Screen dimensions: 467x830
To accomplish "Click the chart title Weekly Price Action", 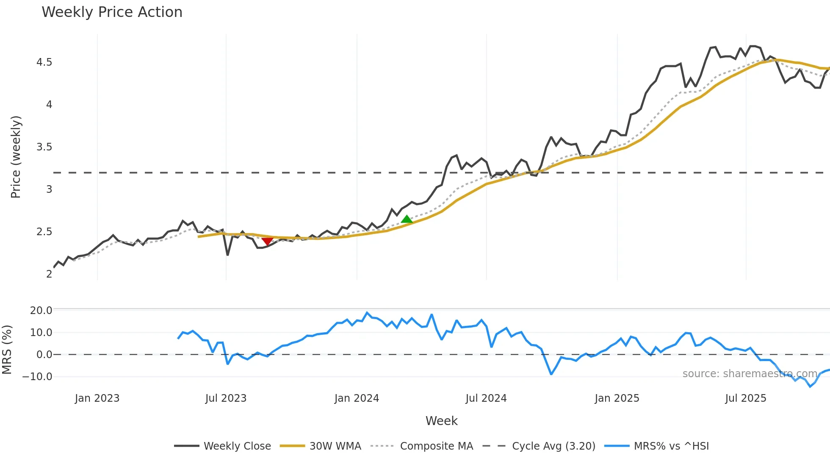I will (112, 12).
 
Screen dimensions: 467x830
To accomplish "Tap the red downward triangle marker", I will (267, 241).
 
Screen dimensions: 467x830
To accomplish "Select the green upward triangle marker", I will (407, 219).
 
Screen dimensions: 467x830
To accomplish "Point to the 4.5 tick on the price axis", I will (44, 62).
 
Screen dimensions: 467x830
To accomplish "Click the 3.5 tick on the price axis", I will (44, 147).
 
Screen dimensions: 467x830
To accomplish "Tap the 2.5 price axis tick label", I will (44, 232).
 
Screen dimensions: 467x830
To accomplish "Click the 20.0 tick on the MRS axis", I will (41, 310).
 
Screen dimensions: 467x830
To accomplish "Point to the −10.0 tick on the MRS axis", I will (37, 376).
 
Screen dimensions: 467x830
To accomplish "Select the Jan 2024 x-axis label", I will (357, 398).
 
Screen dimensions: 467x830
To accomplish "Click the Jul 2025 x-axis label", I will (745, 398).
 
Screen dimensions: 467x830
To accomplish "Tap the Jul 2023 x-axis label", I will (226, 398).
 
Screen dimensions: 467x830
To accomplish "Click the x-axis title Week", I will (441, 421).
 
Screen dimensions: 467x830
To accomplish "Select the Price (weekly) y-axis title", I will (16, 157).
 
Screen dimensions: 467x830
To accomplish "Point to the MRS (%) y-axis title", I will (7, 350).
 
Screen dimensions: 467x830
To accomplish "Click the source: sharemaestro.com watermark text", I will (750, 374).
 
